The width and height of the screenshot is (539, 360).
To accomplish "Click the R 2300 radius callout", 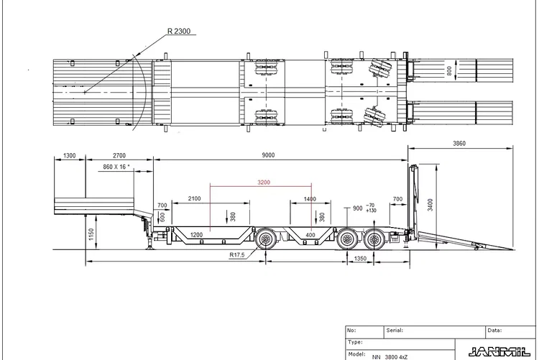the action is click(x=179, y=31).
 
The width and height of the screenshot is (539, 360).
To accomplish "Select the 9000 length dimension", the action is click(x=269, y=155).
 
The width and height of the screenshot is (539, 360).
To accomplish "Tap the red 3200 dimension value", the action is click(x=264, y=183).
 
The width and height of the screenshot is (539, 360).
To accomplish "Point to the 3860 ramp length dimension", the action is click(x=459, y=144).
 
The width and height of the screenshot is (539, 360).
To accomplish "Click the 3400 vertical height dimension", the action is click(x=430, y=205).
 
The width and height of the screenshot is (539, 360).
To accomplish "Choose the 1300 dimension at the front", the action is click(x=70, y=155).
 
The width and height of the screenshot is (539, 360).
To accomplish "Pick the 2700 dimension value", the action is click(x=119, y=155).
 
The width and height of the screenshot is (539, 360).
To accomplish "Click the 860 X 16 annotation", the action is click(x=116, y=167).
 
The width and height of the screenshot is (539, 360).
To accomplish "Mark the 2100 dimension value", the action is click(x=194, y=198).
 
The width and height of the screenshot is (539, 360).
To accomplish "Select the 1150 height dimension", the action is click(x=91, y=234).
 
